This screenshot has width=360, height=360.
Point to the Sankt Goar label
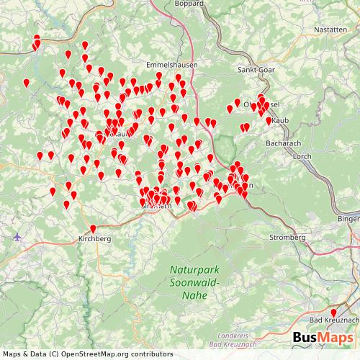[257, 70]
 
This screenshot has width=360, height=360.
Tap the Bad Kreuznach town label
[333, 320]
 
